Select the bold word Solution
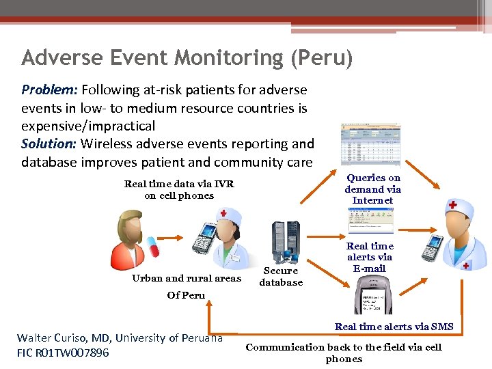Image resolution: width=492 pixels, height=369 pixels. tap(49, 143)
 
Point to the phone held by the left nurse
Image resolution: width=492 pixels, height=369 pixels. tap(204, 240)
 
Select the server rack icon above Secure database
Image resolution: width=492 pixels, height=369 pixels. tap(286, 242)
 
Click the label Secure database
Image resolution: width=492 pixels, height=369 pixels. tap(281, 277)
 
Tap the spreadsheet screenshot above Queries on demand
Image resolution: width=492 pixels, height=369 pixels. tap(371, 144)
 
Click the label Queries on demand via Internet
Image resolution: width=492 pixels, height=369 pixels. tap(372, 189)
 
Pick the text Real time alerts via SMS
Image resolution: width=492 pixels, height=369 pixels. tap(394, 327)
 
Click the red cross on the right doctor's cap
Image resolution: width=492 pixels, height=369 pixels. tap(452, 205)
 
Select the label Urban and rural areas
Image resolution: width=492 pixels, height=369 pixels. tap(186, 278)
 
